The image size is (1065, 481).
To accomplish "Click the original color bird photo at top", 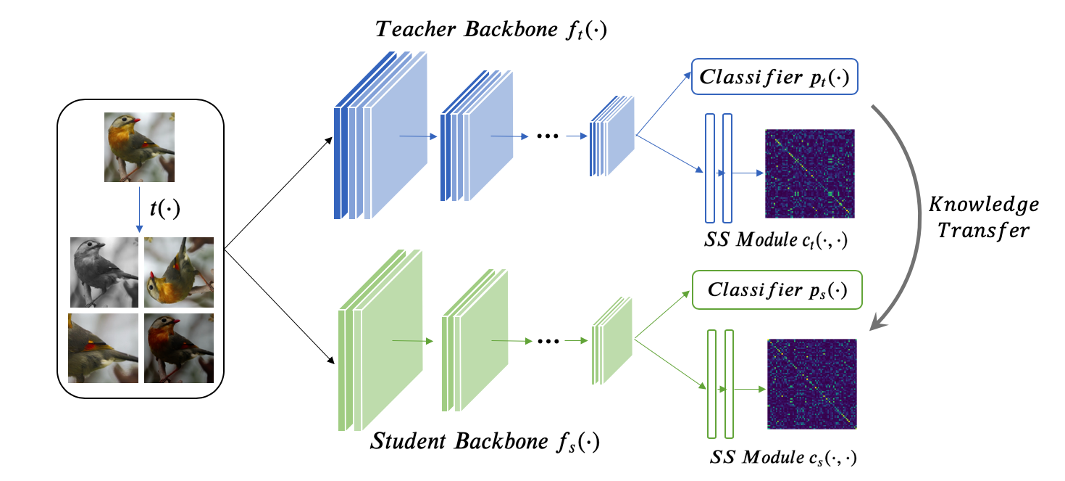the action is click(139, 147).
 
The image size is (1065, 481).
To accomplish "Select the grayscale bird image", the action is click(104, 272).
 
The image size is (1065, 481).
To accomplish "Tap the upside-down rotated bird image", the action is click(179, 272).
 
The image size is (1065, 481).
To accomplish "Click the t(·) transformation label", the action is click(164, 208).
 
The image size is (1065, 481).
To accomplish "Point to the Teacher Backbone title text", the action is click(490, 30).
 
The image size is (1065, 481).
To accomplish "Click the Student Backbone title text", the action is click(485, 442).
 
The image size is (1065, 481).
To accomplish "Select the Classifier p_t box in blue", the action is click(774, 77).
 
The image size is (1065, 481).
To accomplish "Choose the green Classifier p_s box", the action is click(777, 290).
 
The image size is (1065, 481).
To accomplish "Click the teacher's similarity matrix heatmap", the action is click(810, 173).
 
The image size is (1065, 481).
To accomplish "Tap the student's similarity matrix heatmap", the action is click(812, 384).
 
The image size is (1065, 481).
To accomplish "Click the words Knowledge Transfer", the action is click(984, 217).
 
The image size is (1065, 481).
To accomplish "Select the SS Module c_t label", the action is click(776, 239).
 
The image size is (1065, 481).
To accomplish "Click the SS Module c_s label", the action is click(783, 457).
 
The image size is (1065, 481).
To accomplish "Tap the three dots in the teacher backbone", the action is click(548, 136).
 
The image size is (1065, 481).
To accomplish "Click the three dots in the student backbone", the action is click(548, 341).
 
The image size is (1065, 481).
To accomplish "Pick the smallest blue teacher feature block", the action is click(612, 136).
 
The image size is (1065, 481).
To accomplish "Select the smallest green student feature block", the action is click(612, 340).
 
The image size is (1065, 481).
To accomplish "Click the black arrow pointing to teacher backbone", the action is click(278, 193).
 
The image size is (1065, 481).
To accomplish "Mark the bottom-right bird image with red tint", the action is click(179, 348).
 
